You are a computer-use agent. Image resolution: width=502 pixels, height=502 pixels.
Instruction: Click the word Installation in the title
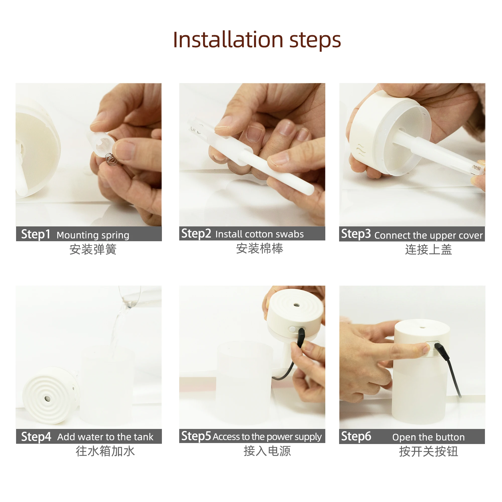point(228,40)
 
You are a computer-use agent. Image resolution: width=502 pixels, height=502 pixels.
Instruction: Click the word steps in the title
point(315,41)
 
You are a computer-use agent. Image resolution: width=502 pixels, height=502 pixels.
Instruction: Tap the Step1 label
point(36,234)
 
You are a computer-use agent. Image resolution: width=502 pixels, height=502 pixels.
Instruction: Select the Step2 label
point(196,233)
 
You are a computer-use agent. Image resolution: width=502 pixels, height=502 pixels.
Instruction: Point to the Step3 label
point(356,234)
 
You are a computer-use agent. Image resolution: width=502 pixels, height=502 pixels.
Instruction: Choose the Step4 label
point(36,436)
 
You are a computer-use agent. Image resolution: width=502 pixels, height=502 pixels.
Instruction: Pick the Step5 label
point(196,436)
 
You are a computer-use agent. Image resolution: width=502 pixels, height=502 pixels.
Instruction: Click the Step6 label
point(356,436)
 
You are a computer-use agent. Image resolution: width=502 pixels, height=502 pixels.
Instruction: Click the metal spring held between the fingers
point(111,159)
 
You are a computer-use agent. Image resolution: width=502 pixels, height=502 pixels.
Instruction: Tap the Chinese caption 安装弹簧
point(93,249)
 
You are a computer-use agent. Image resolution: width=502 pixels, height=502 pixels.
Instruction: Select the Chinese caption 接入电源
point(267,451)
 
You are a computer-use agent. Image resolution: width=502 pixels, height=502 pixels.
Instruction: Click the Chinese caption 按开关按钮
point(428,451)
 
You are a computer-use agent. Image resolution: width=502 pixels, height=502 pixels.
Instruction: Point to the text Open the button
point(428,437)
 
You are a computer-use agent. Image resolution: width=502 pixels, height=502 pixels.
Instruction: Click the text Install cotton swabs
point(259,234)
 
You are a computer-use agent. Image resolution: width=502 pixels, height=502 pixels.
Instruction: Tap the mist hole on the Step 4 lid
point(47,399)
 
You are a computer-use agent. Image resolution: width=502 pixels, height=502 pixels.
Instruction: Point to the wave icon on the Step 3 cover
point(360,150)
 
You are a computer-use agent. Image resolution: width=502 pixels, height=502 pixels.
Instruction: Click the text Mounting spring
point(93,235)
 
